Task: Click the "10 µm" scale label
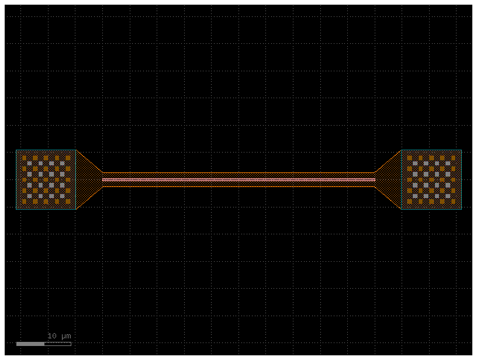coord(59,336)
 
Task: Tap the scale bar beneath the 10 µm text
coord(44,344)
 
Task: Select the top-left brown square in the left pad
coord(25,158)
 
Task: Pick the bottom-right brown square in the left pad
coord(68,201)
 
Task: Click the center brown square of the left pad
coord(46,179)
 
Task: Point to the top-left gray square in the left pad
coord(29,163)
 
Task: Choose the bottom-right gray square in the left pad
coord(63,196)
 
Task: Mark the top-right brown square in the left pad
coord(68,158)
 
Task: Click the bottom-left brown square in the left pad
coord(25,201)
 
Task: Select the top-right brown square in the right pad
coord(453,158)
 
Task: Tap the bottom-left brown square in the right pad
coord(410,201)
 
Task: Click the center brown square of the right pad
coord(431,179)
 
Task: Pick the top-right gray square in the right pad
coord(448,163)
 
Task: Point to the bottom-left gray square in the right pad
coord(415,196)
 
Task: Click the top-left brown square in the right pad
coord(410,158)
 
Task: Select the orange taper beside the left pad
coord(88,179)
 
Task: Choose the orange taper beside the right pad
coord(389,179)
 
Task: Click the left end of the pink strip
coord(103,179)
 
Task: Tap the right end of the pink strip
coord(375,179)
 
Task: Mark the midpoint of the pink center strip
coord(239,179)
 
